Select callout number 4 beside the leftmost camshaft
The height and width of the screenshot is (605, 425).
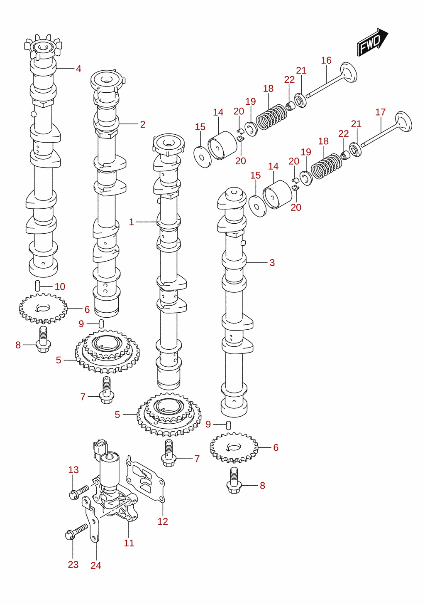[x=78, y=69]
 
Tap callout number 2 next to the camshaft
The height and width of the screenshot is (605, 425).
[x=143, y=124]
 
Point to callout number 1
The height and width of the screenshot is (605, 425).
[x=131, y=222]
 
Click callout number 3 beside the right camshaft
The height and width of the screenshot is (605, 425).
[x=272, y=262]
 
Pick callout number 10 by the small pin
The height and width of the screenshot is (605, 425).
[x=60, y=286]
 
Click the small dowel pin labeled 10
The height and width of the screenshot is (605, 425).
[x=37, y=286]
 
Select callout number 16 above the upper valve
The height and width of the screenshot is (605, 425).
[x=326, y=61]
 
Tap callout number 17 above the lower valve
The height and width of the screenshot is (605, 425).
[x=381, y=112]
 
